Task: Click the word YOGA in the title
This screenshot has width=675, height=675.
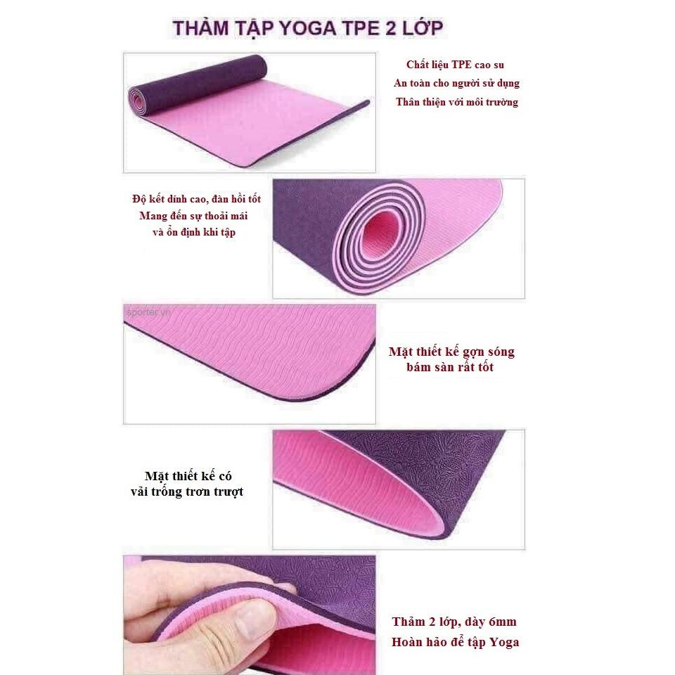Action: [x=307, y=28]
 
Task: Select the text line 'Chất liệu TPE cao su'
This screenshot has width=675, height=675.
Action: [x=455, y=65]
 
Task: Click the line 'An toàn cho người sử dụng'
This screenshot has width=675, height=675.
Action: [x=456, y=83]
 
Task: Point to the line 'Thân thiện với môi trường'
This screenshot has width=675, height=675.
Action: [x=457, y=102]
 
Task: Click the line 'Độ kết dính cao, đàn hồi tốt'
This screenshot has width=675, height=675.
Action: [x=196, y=199]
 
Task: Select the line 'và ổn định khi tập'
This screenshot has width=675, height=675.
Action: [x=194, y=233]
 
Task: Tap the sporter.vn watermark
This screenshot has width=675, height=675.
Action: [x=148, y=312]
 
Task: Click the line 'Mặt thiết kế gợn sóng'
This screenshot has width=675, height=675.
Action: [x=451, y=352]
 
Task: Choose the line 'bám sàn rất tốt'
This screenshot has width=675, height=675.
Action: [x=450, y=367]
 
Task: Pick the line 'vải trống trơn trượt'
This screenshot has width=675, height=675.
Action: [x=187, y=491]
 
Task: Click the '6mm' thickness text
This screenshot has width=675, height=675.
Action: [x=503, y=622]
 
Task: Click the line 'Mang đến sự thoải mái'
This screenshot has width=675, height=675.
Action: [x=193, y=216]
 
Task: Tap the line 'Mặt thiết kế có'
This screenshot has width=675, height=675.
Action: [x=188, y=476]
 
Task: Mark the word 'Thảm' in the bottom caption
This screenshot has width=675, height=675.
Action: [x=408, y=622]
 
